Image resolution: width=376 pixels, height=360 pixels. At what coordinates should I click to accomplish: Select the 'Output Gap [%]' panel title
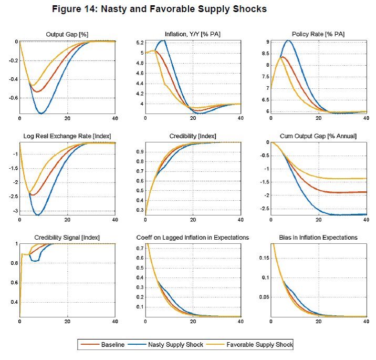point(67,34)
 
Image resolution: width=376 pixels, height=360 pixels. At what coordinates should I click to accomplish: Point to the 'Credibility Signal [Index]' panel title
point(67,238)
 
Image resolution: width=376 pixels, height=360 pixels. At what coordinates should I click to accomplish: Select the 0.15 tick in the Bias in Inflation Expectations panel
point(263,258)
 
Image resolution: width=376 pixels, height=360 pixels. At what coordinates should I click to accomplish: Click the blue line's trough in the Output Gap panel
point(41,114)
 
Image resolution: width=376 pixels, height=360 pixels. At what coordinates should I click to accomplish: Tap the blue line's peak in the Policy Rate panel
point(288,40)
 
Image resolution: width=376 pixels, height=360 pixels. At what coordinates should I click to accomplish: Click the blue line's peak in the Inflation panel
point(164,40)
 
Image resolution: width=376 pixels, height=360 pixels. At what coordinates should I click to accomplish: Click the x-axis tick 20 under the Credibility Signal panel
point(67,322)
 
